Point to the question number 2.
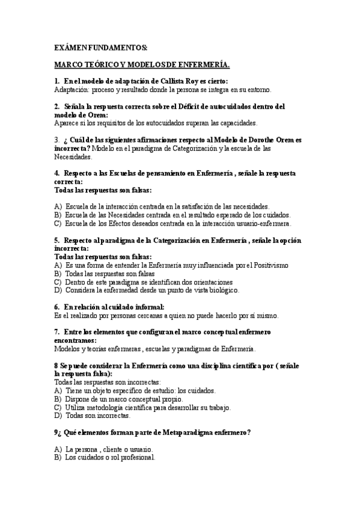pos(56,106)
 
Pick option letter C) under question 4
pos(58,223)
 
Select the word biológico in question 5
pos(221,290)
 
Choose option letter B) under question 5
pos(58,273)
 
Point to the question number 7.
pos(56,331)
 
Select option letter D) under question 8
pos(58,415)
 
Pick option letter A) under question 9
pos(58,449)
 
